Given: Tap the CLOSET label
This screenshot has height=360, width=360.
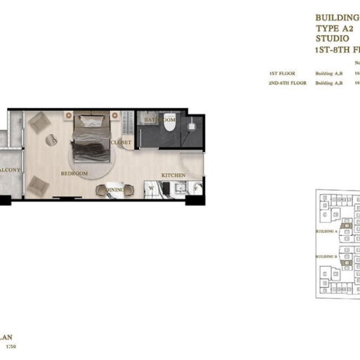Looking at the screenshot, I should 121,143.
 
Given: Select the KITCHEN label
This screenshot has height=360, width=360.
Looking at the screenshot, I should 174,174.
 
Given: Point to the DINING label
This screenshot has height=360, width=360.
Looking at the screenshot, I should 115,190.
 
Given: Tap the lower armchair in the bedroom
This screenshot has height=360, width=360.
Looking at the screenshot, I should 39,185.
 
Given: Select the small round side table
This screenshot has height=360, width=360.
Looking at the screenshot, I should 51,139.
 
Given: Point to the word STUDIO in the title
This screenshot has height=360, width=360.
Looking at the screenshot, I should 331,39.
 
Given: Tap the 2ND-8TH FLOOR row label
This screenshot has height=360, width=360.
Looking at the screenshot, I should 287,84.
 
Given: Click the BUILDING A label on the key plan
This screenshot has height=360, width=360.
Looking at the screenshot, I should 326,231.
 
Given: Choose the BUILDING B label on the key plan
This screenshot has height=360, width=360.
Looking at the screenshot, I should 326,257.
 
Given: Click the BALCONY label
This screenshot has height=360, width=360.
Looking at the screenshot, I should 11,170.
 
